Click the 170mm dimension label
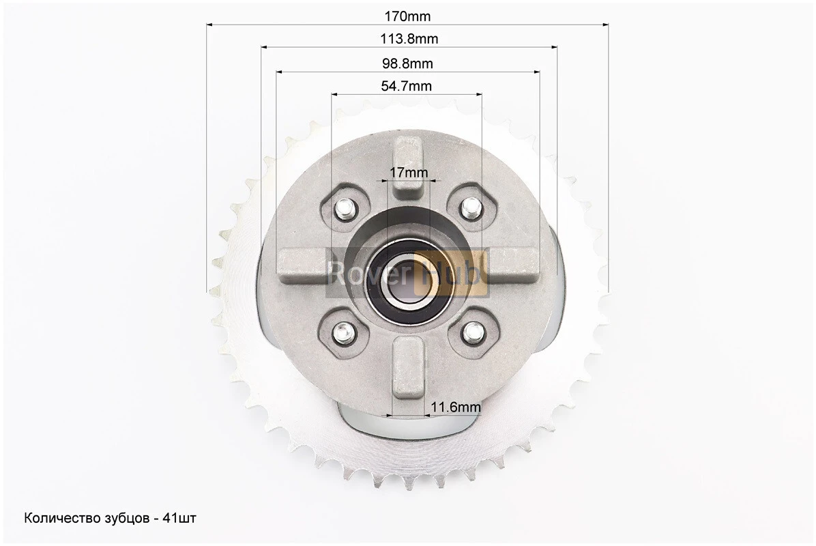pos(407,16)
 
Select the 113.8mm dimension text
pos(409,39)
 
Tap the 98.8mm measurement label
pos(407,63)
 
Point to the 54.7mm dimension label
pos(407,86)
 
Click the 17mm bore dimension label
pos(409,172)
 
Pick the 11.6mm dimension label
pos(455,407)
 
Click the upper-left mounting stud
pos(344,210)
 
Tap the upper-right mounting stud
pos(471,208)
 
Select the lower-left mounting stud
pos(343,332)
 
